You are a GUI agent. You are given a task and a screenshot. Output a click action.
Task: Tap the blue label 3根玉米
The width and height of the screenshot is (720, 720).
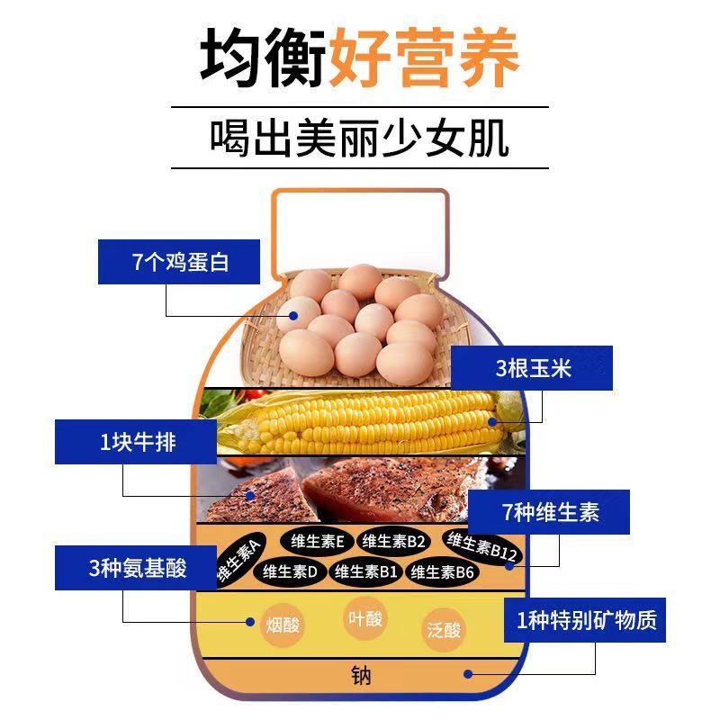pyautogui.click(x=532, y=368)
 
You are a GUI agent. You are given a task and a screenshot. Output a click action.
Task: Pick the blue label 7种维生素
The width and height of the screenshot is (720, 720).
pyautogui.click(x=550, y=513)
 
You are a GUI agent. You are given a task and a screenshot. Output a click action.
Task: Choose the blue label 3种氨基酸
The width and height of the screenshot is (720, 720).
pyautogui.click(x=135, y=568)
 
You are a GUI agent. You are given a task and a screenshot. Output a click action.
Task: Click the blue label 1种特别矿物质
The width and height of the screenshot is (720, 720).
pyautogui.click(x=585, y=620)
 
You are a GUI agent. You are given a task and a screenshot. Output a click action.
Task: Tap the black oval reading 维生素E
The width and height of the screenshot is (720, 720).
pyautogui.click(x=317, y=541)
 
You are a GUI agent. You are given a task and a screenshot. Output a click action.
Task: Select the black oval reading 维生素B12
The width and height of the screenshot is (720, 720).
pyautogui.click(x=481, y=545)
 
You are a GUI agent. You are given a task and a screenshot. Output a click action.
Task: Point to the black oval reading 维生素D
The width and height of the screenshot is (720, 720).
pyautogui.click(x=290, y=571)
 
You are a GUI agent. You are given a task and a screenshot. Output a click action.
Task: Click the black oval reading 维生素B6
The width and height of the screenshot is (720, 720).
pyautogui.click(x=441, y=571)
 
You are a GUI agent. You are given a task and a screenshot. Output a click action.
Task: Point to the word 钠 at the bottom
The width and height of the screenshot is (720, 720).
pyautogui.click(x=360, y=675)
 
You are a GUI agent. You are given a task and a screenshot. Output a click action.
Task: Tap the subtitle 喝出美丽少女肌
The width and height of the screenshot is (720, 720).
pyautogui.click(x=359, y=139)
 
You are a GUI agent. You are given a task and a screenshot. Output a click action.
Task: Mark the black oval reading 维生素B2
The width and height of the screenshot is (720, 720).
pyautogui.click(x=392, y=541)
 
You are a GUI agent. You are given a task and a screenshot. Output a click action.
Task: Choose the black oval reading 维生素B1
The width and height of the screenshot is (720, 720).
pyautogui.click(x=365, y=571)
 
